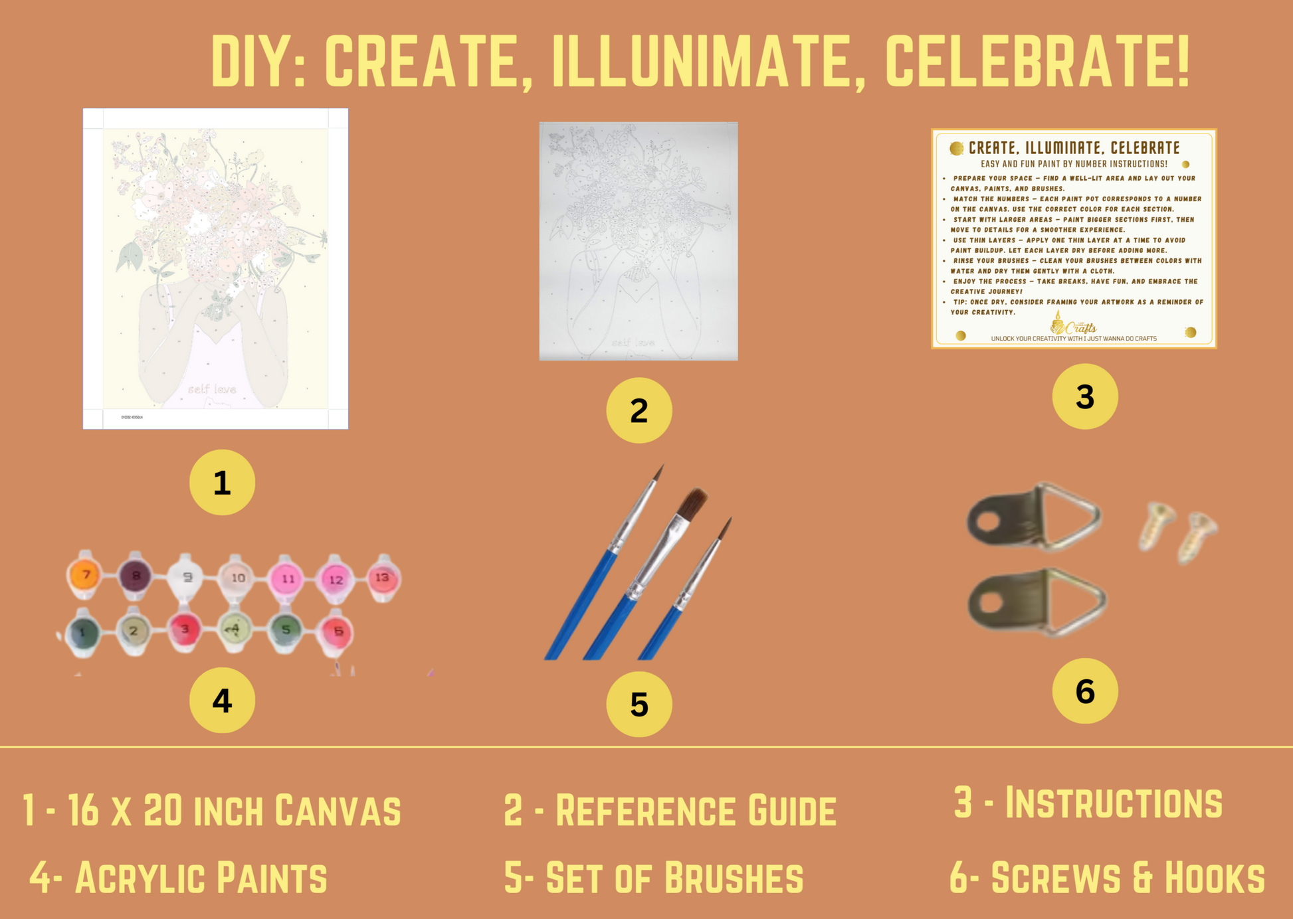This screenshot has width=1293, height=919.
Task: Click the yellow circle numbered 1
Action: point(222,483)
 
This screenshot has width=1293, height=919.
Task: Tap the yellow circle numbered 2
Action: point(639,410)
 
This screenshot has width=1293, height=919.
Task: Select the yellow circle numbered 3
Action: point(1084,396)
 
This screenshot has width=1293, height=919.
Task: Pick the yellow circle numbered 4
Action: point(222,701)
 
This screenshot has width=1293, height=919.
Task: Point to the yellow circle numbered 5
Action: point(639,705)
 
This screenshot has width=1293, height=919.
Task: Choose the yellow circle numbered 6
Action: point(1084,691)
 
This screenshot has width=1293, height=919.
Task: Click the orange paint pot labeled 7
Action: point(86,575)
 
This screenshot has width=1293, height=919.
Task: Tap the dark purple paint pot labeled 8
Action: point(136,576)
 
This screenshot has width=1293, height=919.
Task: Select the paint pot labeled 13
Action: point(383,578)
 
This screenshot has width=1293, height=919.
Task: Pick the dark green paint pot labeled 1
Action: point(83,632)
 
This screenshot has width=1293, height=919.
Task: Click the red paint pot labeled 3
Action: point(185,629)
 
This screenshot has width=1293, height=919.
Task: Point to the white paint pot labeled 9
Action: point(187,577)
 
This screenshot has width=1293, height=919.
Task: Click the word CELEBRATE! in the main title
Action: point(1037,61)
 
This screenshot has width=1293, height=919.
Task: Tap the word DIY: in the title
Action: point(258,61)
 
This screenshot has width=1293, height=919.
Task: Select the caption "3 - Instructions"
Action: point(1088,802)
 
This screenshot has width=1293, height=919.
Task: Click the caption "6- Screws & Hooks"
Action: point(1107,877)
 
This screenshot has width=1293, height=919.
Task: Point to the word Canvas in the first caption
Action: point(338,810)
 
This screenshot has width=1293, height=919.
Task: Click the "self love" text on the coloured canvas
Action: point(211,389)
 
